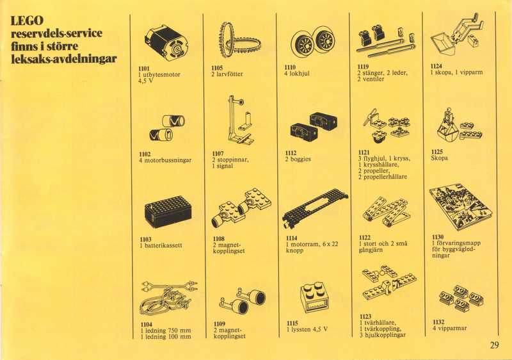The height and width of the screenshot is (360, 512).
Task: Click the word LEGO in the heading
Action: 27,20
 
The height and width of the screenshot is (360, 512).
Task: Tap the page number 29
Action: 494,345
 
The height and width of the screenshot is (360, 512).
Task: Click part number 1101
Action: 144,69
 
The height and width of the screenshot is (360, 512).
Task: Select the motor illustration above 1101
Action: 166,44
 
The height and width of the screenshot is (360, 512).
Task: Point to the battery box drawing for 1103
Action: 168,211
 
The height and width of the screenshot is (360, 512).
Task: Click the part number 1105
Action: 217,68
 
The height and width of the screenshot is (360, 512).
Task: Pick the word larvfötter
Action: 230,74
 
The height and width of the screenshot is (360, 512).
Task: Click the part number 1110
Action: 290,67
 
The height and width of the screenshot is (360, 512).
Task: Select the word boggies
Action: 300,160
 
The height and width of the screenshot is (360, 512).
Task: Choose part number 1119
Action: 363,67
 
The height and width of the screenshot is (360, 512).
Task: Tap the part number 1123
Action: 365,316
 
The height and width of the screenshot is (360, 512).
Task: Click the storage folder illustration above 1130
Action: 461,206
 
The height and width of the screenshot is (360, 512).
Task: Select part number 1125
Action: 437,152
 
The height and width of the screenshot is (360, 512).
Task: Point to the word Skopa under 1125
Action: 440,158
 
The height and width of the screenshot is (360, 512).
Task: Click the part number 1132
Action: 438,322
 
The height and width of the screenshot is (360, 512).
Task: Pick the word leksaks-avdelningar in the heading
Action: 63,59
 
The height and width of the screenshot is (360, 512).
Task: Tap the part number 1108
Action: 219,239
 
